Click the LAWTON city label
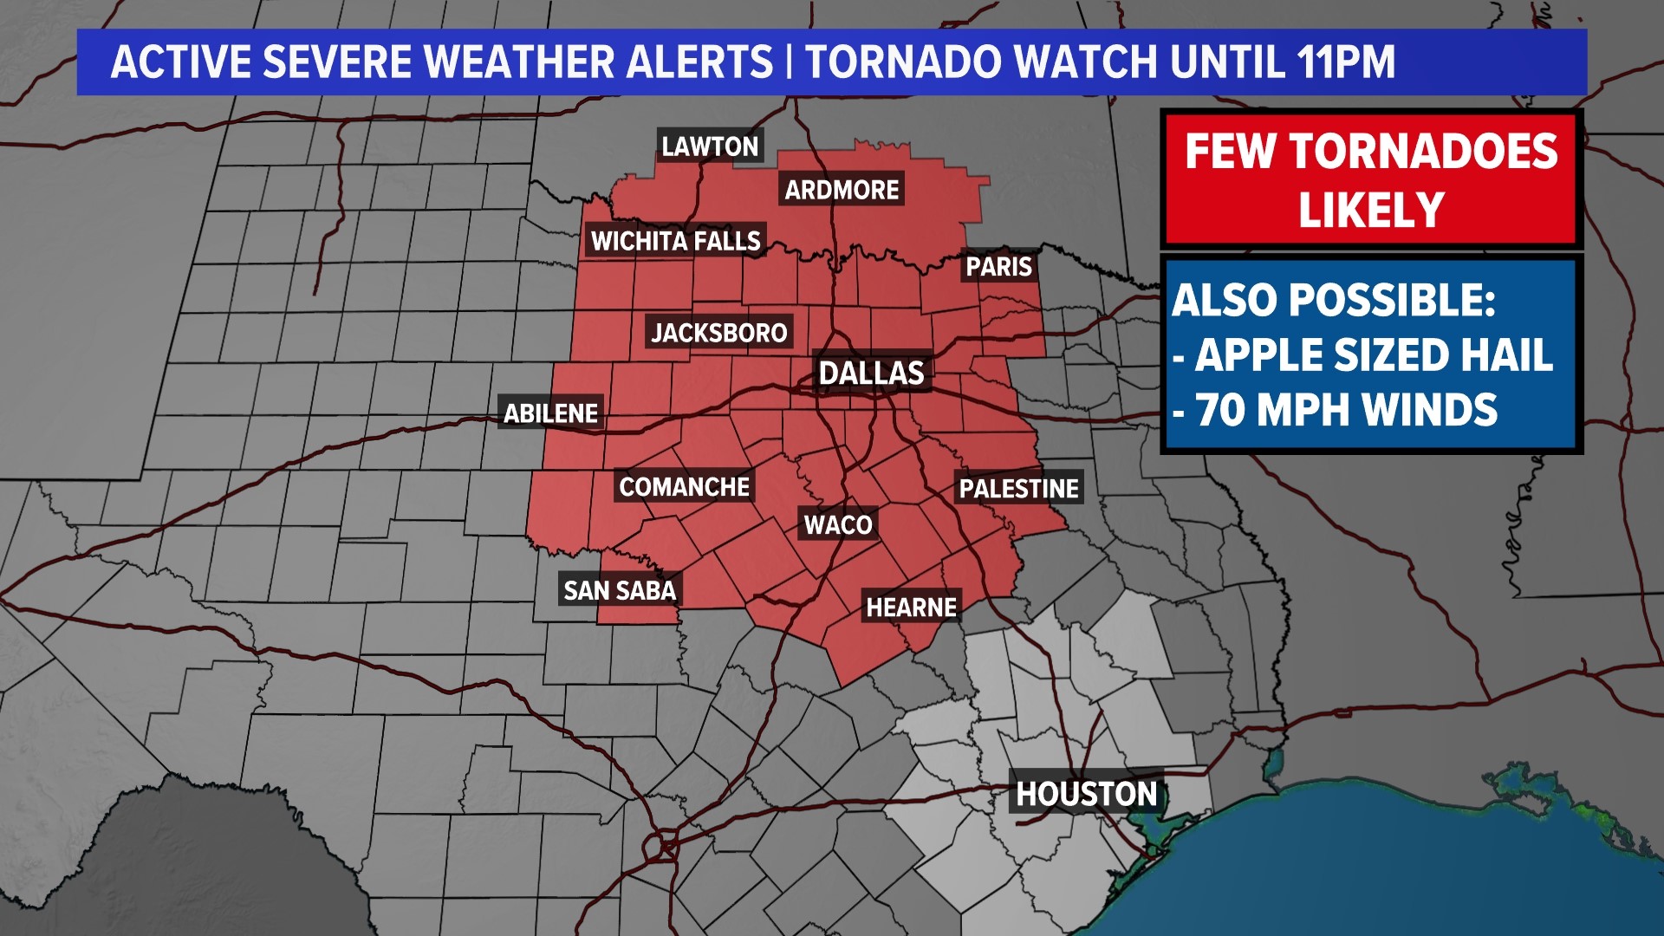coord(710,146)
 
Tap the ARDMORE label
coord(842,190)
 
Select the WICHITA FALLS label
coord(675,241)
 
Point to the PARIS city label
coord(998,266)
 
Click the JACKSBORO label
coord(718,333)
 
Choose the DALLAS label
coord(871,374)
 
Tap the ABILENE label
coord(550,413)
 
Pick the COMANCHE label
coord(684,487)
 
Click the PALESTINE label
coord(1018,489)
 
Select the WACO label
coord(837,525)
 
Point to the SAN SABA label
coord(619,591)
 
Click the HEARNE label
coord(911,608)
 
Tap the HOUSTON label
coord(1086,794)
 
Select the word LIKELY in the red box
coord(1371,211)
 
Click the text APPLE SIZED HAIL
coord(1373,355)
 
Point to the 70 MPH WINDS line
coord(1346,410)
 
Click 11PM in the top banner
coord(1346,62)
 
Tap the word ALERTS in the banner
coord(700,62)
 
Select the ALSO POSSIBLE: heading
coord(1334,301)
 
